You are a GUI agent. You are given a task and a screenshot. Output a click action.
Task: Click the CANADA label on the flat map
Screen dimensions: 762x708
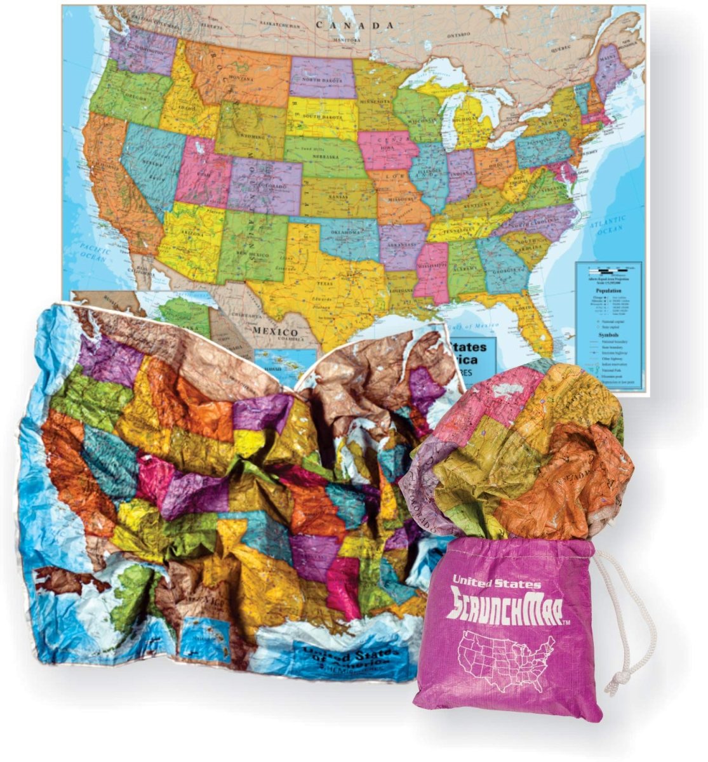pos(355,25)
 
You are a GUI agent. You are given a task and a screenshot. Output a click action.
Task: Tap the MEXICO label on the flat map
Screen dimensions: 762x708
pos(276,331)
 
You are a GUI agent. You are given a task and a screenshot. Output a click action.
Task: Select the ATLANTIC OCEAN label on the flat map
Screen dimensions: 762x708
pos(606,225)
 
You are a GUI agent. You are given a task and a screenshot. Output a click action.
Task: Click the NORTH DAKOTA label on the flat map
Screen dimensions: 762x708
pos(322,80)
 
